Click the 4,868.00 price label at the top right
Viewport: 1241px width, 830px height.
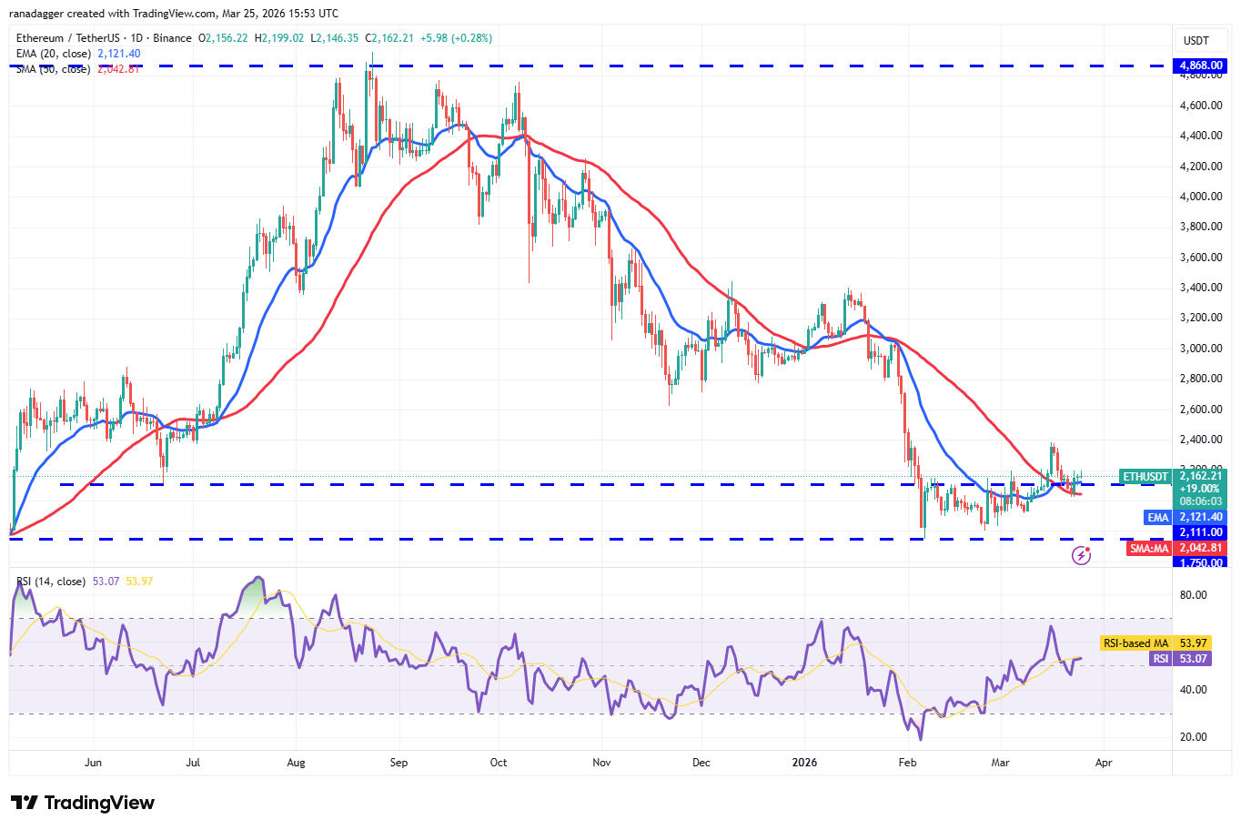(x=1201, y=66)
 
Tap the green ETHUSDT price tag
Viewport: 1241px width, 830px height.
(x=1145, y=476)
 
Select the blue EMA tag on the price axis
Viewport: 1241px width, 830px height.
(x=1157, y=517)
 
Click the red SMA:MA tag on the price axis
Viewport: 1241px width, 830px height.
(x=1149, y=548)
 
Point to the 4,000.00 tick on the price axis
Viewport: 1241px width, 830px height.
(x=1200, y=197)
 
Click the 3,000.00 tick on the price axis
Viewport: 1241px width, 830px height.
(x=1200, y=349)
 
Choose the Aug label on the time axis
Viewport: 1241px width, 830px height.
(x=296, y=763)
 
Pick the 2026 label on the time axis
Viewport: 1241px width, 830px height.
(x=804, y=763)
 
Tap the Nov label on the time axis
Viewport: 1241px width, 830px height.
(x=600, y=763)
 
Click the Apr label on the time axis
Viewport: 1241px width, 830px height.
(x=1104, y=763)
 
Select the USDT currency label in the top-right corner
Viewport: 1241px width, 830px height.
(x=1196, y=41)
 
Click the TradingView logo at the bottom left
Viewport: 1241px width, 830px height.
(x=83, y=803)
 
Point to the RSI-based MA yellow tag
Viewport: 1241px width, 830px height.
(x=1135, y=643)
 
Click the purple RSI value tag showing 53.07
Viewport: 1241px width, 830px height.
(x=1192, y=659)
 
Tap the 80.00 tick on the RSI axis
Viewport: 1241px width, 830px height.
(x=1193, y=595)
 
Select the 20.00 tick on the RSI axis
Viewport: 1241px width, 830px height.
(x=1193, y=737)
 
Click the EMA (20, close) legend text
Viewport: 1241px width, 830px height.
(x=54, y=54)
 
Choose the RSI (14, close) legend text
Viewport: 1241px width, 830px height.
(x=51, y=582)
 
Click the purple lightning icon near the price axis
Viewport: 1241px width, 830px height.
(x=1081, y=554)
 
